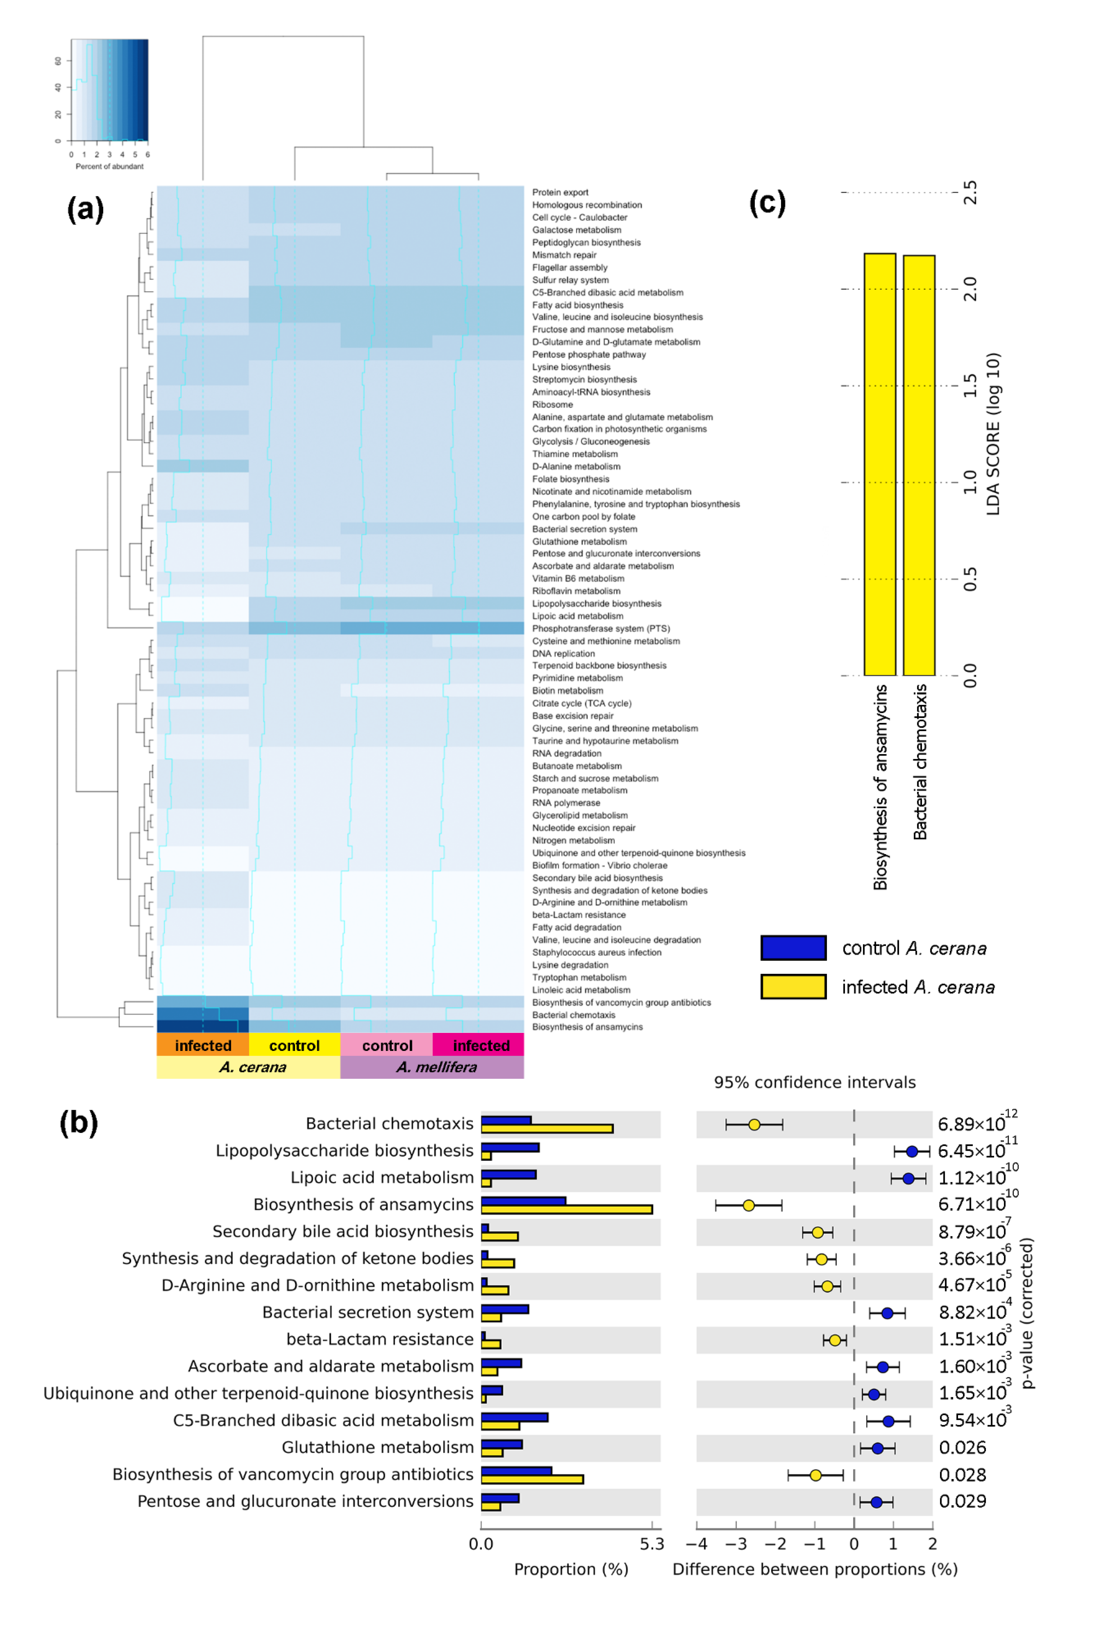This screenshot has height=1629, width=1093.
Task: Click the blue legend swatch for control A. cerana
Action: [x=793, y=948]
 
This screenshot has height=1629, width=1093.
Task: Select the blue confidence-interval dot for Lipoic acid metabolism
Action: [x=908, y=1178]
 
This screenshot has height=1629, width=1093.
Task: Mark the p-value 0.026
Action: [x=962, y=1448]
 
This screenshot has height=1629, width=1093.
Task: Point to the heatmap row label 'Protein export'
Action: [x=560, y=192]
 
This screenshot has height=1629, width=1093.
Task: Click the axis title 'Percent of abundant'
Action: [x=109, y=167]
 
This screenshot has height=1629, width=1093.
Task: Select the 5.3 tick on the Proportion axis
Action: [x=652, y=1544]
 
